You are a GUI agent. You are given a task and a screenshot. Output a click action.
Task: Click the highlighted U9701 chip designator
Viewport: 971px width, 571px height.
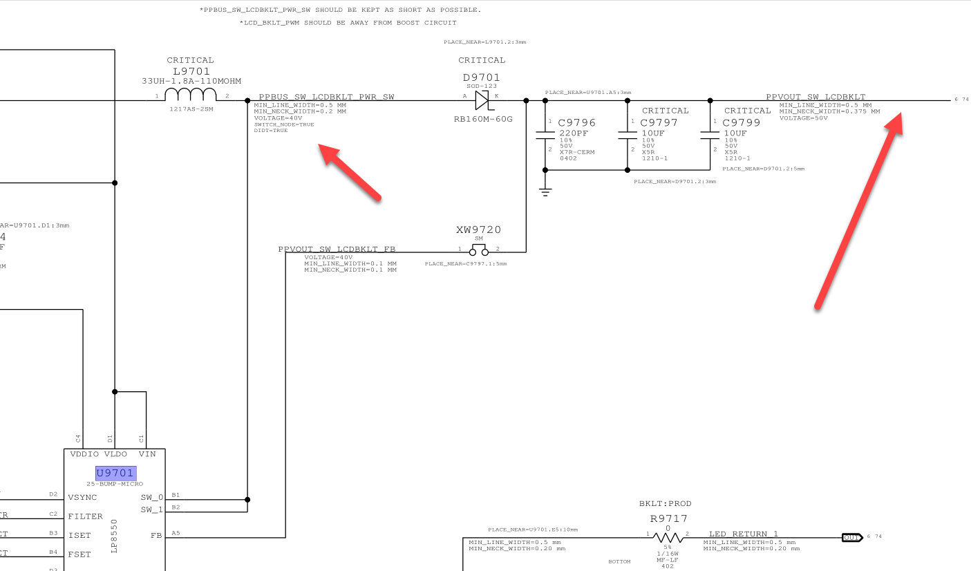point(116,474)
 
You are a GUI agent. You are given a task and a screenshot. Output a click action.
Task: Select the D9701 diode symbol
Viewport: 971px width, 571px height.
point(482,101)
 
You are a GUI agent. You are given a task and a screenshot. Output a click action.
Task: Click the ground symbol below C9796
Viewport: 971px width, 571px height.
point(546,192)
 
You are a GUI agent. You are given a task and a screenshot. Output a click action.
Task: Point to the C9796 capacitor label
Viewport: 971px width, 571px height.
point(577,123)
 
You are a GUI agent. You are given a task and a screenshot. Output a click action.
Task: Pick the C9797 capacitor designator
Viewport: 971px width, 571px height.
point(659,123)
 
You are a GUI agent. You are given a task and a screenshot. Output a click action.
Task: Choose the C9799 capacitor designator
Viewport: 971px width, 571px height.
point(742,123)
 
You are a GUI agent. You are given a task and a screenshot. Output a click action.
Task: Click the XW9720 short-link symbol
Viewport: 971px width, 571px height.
point(478,250)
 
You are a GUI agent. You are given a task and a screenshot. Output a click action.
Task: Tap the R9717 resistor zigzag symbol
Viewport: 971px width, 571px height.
point(668,537)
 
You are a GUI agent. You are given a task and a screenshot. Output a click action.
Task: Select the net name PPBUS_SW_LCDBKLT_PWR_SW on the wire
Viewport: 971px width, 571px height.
point(326,97)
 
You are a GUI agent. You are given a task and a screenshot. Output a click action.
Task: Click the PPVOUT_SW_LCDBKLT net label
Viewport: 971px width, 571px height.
point(816,97)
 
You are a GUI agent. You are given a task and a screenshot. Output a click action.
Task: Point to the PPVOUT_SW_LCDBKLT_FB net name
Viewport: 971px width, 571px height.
point(337,249)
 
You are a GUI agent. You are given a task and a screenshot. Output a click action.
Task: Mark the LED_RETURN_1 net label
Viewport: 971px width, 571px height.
point(744,534)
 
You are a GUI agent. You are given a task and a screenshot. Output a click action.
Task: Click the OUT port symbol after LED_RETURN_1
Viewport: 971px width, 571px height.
point(851,537)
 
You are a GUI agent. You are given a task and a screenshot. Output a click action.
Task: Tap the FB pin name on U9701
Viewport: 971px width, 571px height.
point(156,535)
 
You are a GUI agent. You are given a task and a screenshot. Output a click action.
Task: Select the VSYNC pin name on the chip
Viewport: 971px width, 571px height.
point(82,497)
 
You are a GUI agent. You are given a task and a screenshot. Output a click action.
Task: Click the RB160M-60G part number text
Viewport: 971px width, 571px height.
point(483,119)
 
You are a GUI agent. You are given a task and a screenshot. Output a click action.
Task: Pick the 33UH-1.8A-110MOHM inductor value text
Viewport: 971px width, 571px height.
point(191,81)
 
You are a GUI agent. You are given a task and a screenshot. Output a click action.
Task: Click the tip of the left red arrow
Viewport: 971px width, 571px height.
point(320,146)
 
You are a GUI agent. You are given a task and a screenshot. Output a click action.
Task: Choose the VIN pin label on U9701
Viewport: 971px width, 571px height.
point(147,454)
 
